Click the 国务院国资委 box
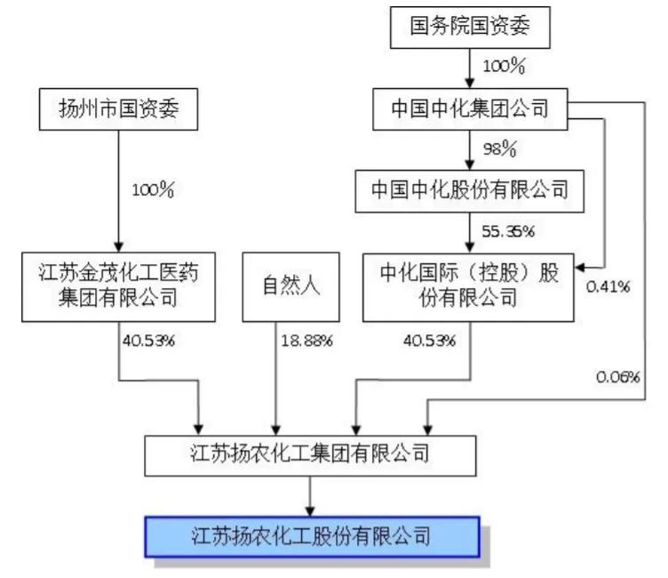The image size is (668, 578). pyautogui.click(x=470, y=27)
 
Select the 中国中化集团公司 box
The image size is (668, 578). pyautogui.click(x=470, y=109)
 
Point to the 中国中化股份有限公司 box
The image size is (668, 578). pyautogui.click(x=470, y=190)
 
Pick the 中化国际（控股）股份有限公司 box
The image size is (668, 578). pyautogui.click(x=470, y=285)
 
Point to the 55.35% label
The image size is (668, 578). pyautogui.click(x=508, y=232)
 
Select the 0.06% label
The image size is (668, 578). pyautogui.click(x=618, y=377)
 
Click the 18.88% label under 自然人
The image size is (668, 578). pyautogui.click(x=306, y=340)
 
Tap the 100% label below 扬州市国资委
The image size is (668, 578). pyautogui.click(x=153, y=189)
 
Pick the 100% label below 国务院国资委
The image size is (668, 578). pyautogui.click(x=505, y=66)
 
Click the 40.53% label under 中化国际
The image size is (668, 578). pyautogui.click(x=429, y=340)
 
